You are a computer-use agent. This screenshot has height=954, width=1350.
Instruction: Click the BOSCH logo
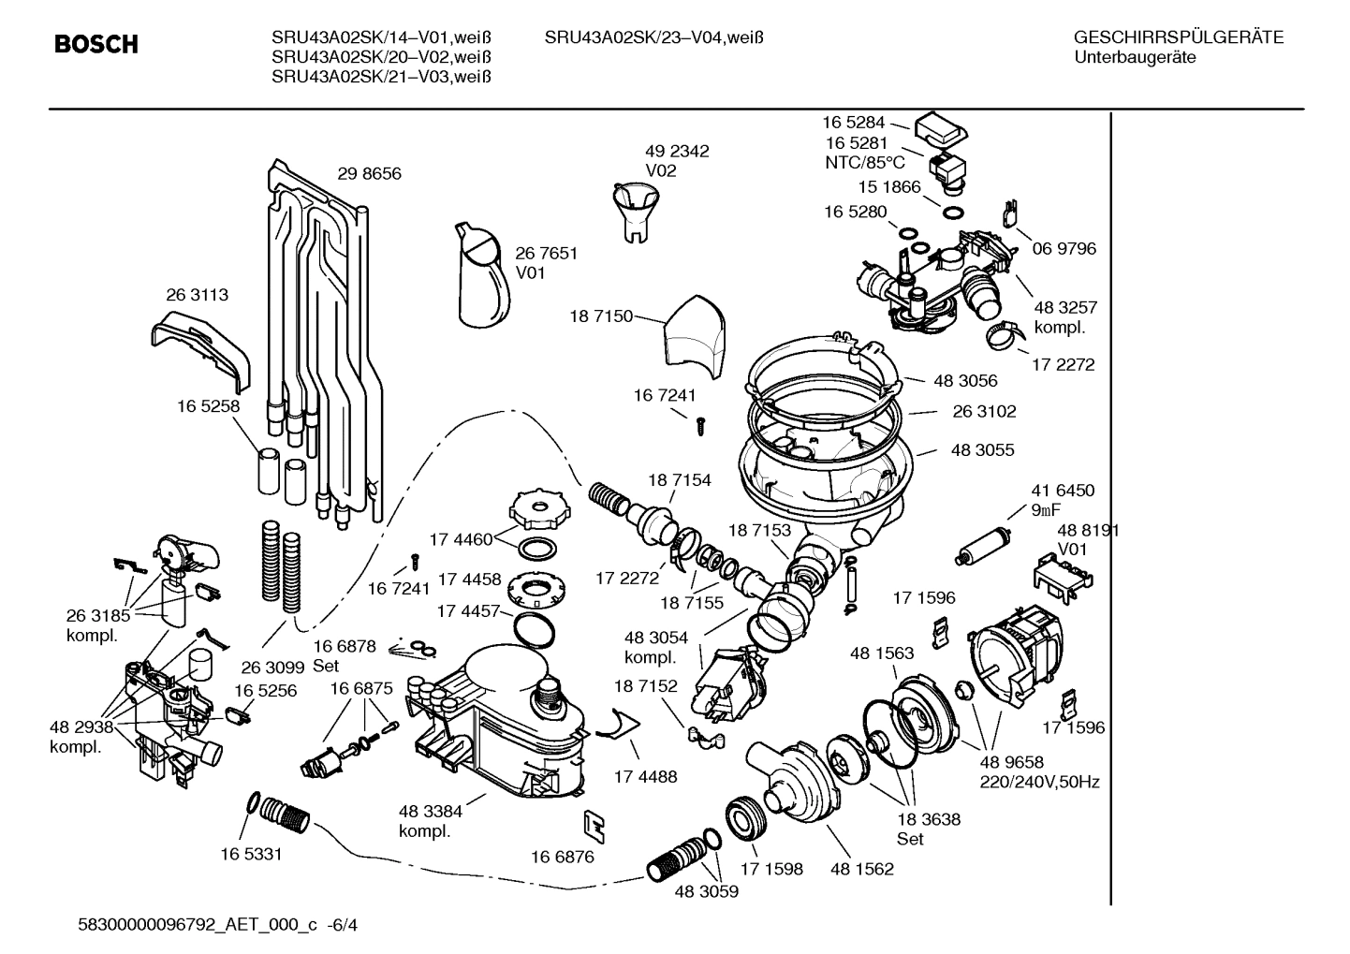click(95, 44)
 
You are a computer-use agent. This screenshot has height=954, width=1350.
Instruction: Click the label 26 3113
click(197, 294)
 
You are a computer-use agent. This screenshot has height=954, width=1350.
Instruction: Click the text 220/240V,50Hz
click(1039, 782)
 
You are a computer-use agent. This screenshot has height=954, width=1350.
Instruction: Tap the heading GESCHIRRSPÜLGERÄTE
click(1178, 37)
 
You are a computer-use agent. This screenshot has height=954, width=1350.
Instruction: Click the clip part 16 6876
click(594, 825)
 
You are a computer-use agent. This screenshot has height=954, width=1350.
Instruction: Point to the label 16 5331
click(251, 854)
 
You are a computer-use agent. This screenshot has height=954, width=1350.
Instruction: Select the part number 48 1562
click(861, 869)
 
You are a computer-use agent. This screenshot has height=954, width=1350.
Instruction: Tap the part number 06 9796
click(1064, 248)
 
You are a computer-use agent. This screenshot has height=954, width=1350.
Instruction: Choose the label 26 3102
click(984, 411)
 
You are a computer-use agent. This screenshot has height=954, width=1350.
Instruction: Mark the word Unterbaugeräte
click(1135, 57)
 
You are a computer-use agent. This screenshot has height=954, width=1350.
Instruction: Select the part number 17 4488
click(645, 776)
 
